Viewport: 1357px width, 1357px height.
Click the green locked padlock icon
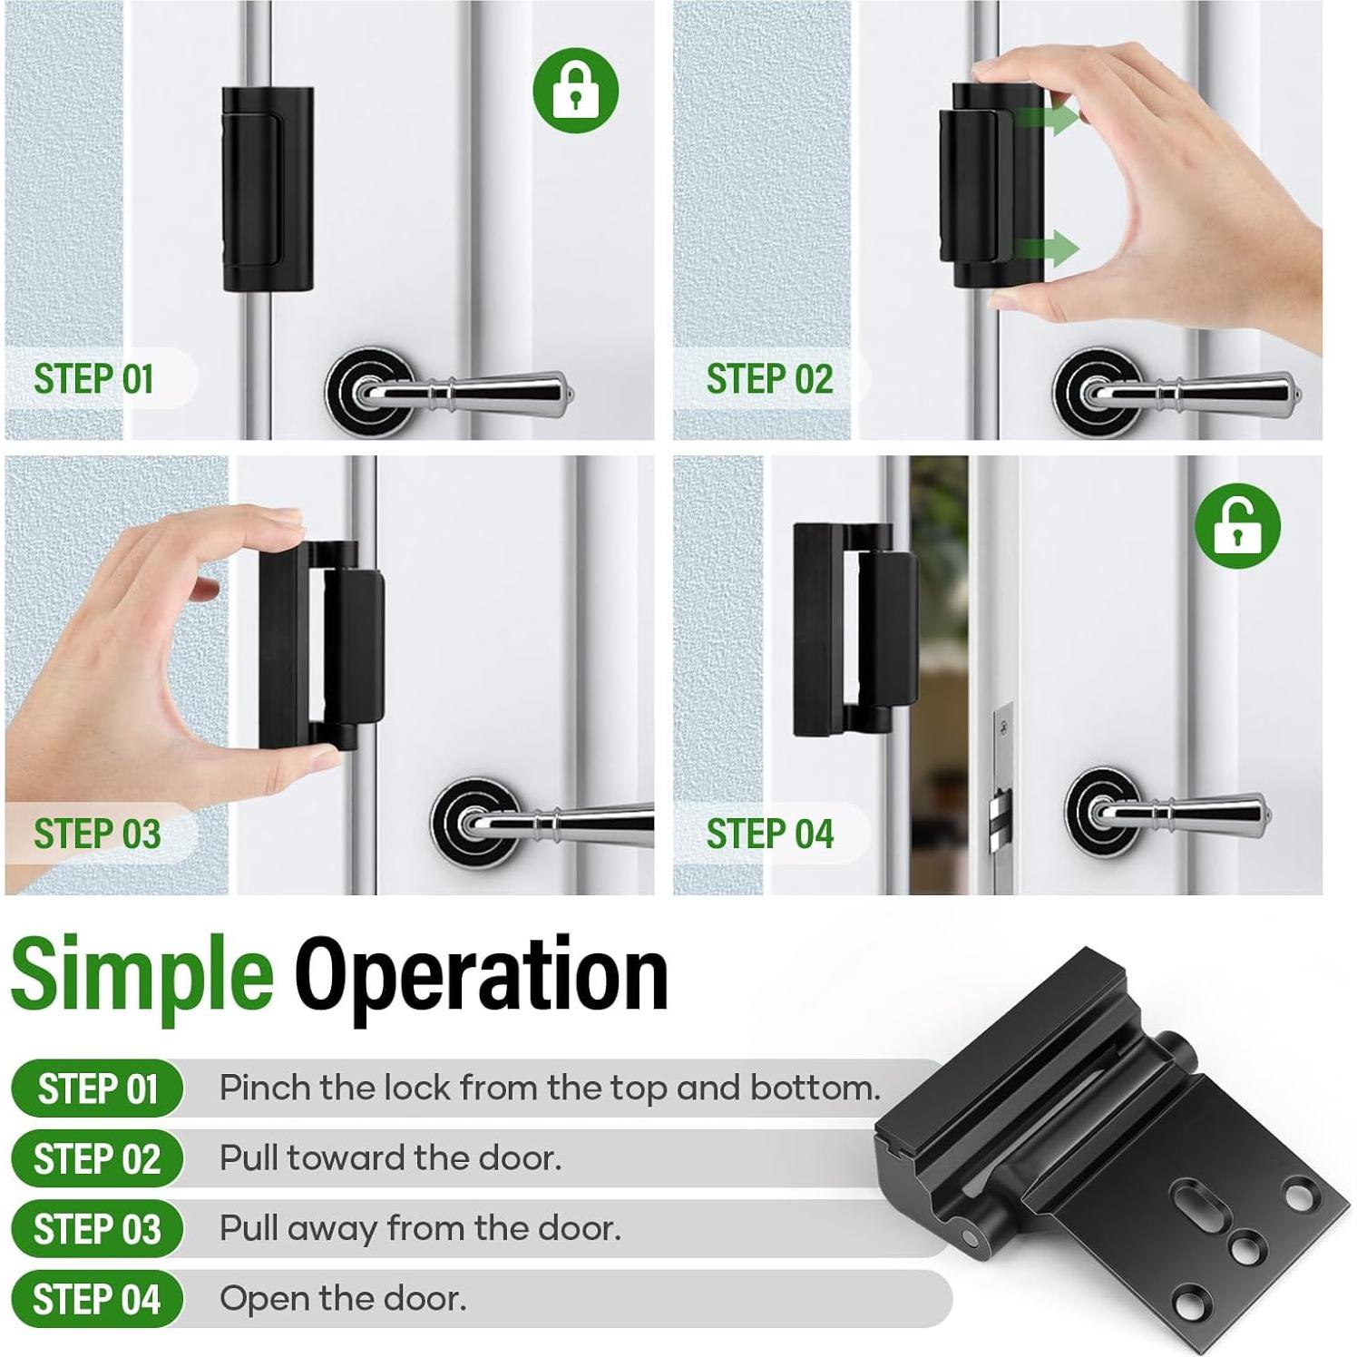click(x=575, y=91)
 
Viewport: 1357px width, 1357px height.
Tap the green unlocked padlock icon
click(x=1237, y=526)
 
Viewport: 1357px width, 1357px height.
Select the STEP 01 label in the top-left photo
click(x=93, y=379)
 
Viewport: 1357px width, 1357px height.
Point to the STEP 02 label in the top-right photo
click(x=769, y=379)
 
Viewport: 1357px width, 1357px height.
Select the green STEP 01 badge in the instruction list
click(x=97, y=1089)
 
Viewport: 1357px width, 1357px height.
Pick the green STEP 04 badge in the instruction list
click(x=97, y=1300)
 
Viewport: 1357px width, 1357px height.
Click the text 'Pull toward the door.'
click(x=390, y=1158)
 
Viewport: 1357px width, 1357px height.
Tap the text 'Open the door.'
click(x=343, y=1299)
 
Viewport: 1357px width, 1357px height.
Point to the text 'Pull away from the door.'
click(x=420, y=1228)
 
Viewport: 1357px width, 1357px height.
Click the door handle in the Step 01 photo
click(x=454, y=391)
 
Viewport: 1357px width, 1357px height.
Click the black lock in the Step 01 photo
click(x=268, y=189)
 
